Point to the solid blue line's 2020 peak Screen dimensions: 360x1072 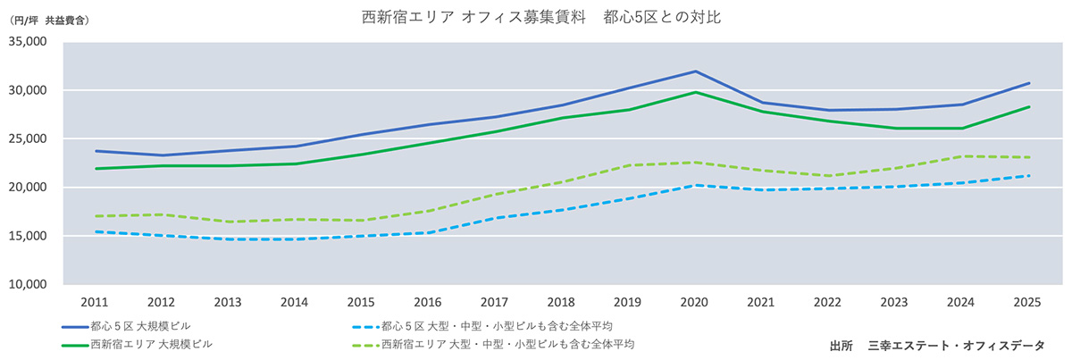pos(696,71)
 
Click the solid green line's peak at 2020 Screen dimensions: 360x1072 pos(696,92)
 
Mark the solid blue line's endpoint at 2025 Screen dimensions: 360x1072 pos(1029,83)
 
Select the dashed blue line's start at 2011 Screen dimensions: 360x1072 pos(95,232)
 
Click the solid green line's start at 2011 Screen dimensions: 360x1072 pos(95,169)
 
